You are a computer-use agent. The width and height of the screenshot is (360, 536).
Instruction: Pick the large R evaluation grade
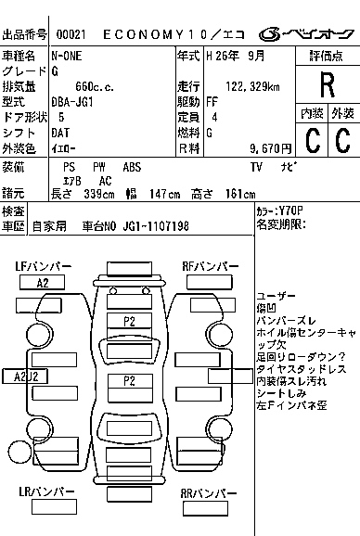click(327, 85)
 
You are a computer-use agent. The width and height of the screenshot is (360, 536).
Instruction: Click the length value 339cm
click(100, 194)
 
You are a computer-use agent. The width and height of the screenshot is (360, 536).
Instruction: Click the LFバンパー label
click(43, 267)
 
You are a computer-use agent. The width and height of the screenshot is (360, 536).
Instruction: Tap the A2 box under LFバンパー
click(43, 283)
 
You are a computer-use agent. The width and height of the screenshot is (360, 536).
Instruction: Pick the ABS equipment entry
click(132, 167)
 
